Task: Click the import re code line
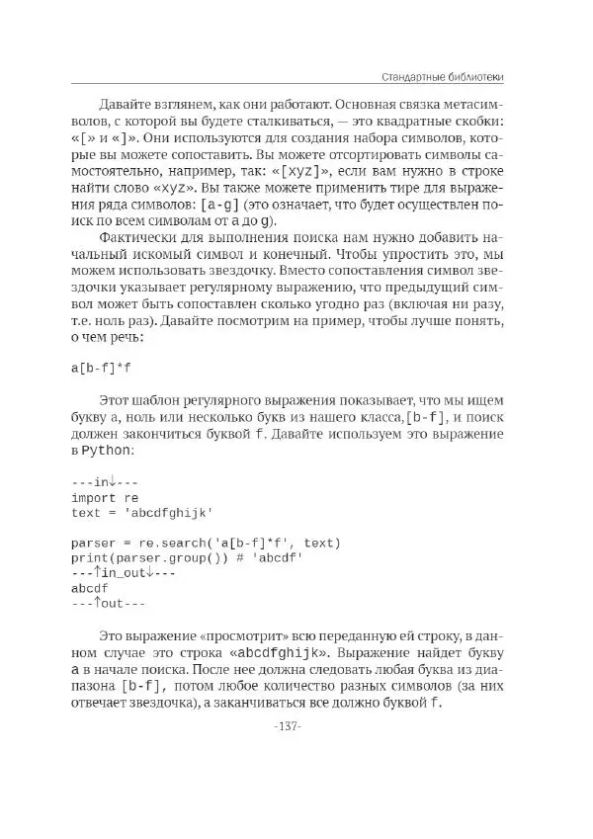pos(105,498)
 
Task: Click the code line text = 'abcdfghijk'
pos(142,513)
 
